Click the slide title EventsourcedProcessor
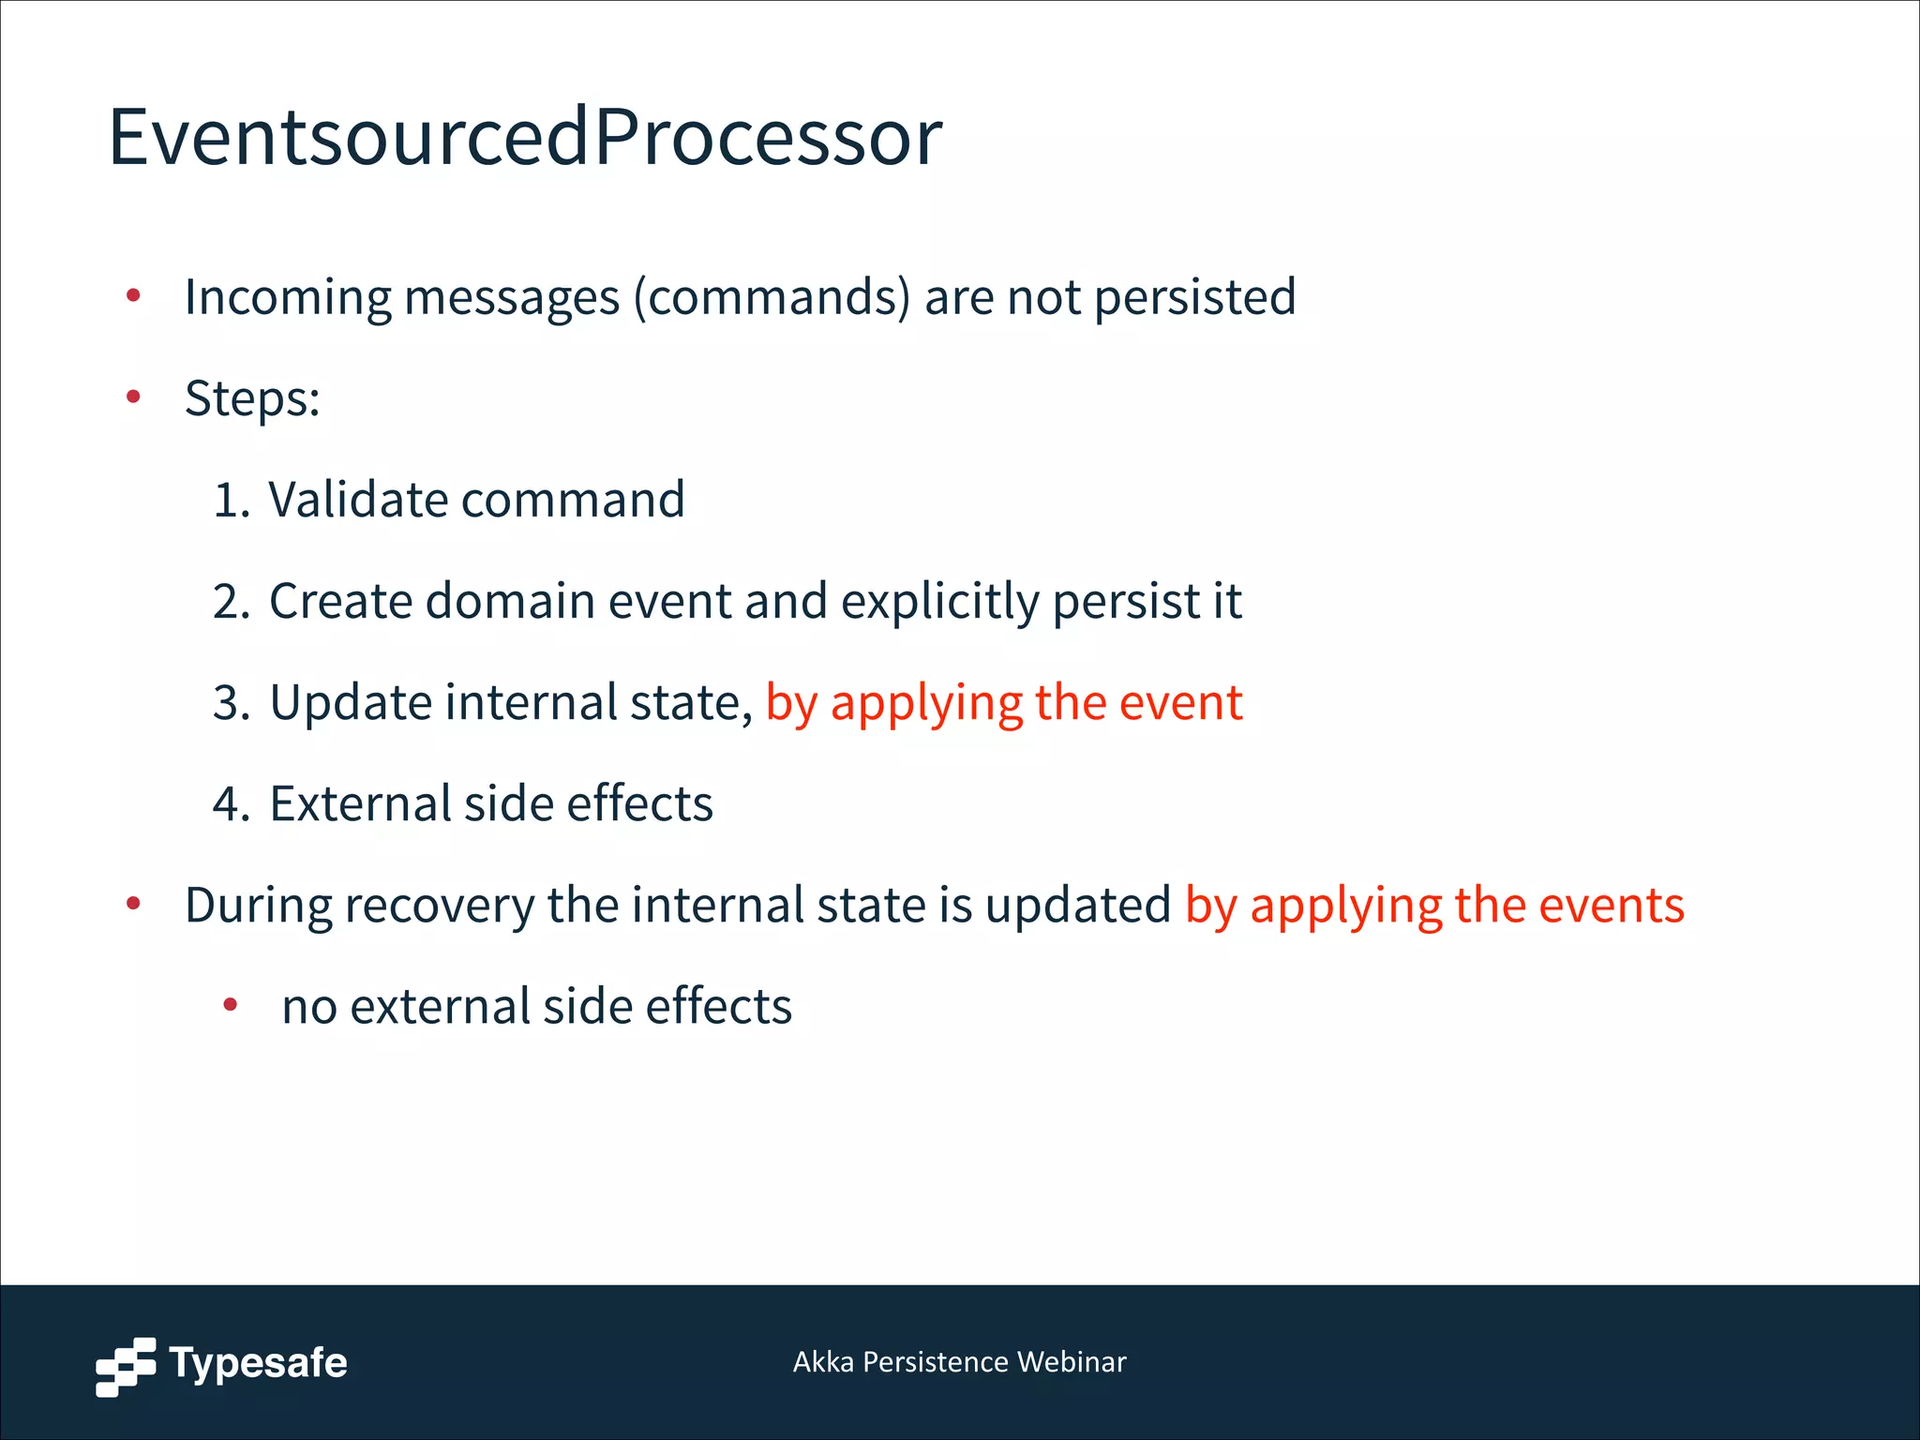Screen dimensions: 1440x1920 [x=525, y=138]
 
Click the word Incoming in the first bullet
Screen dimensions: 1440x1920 [x=287, y=298]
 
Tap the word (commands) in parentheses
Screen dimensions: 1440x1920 [x=772, y=298]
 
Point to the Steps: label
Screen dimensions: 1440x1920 [x=252, y=399]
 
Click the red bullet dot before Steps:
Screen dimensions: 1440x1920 [x=133, y=397]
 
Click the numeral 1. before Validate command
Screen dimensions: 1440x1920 [x=232, y=500]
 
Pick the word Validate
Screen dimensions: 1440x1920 [x=359, y=500]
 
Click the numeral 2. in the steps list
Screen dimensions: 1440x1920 [x=232, y=601]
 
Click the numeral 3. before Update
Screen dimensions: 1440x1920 [x=232, y=703]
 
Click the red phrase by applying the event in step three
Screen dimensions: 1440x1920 [x=1003, y=703]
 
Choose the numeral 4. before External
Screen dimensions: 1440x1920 [x=232, y=804]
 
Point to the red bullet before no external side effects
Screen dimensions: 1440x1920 [x=231, y=1006]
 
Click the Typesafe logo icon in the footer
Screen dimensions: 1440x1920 [x=126, y=1366]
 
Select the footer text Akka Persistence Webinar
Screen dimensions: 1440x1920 [x=959, y=1362]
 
